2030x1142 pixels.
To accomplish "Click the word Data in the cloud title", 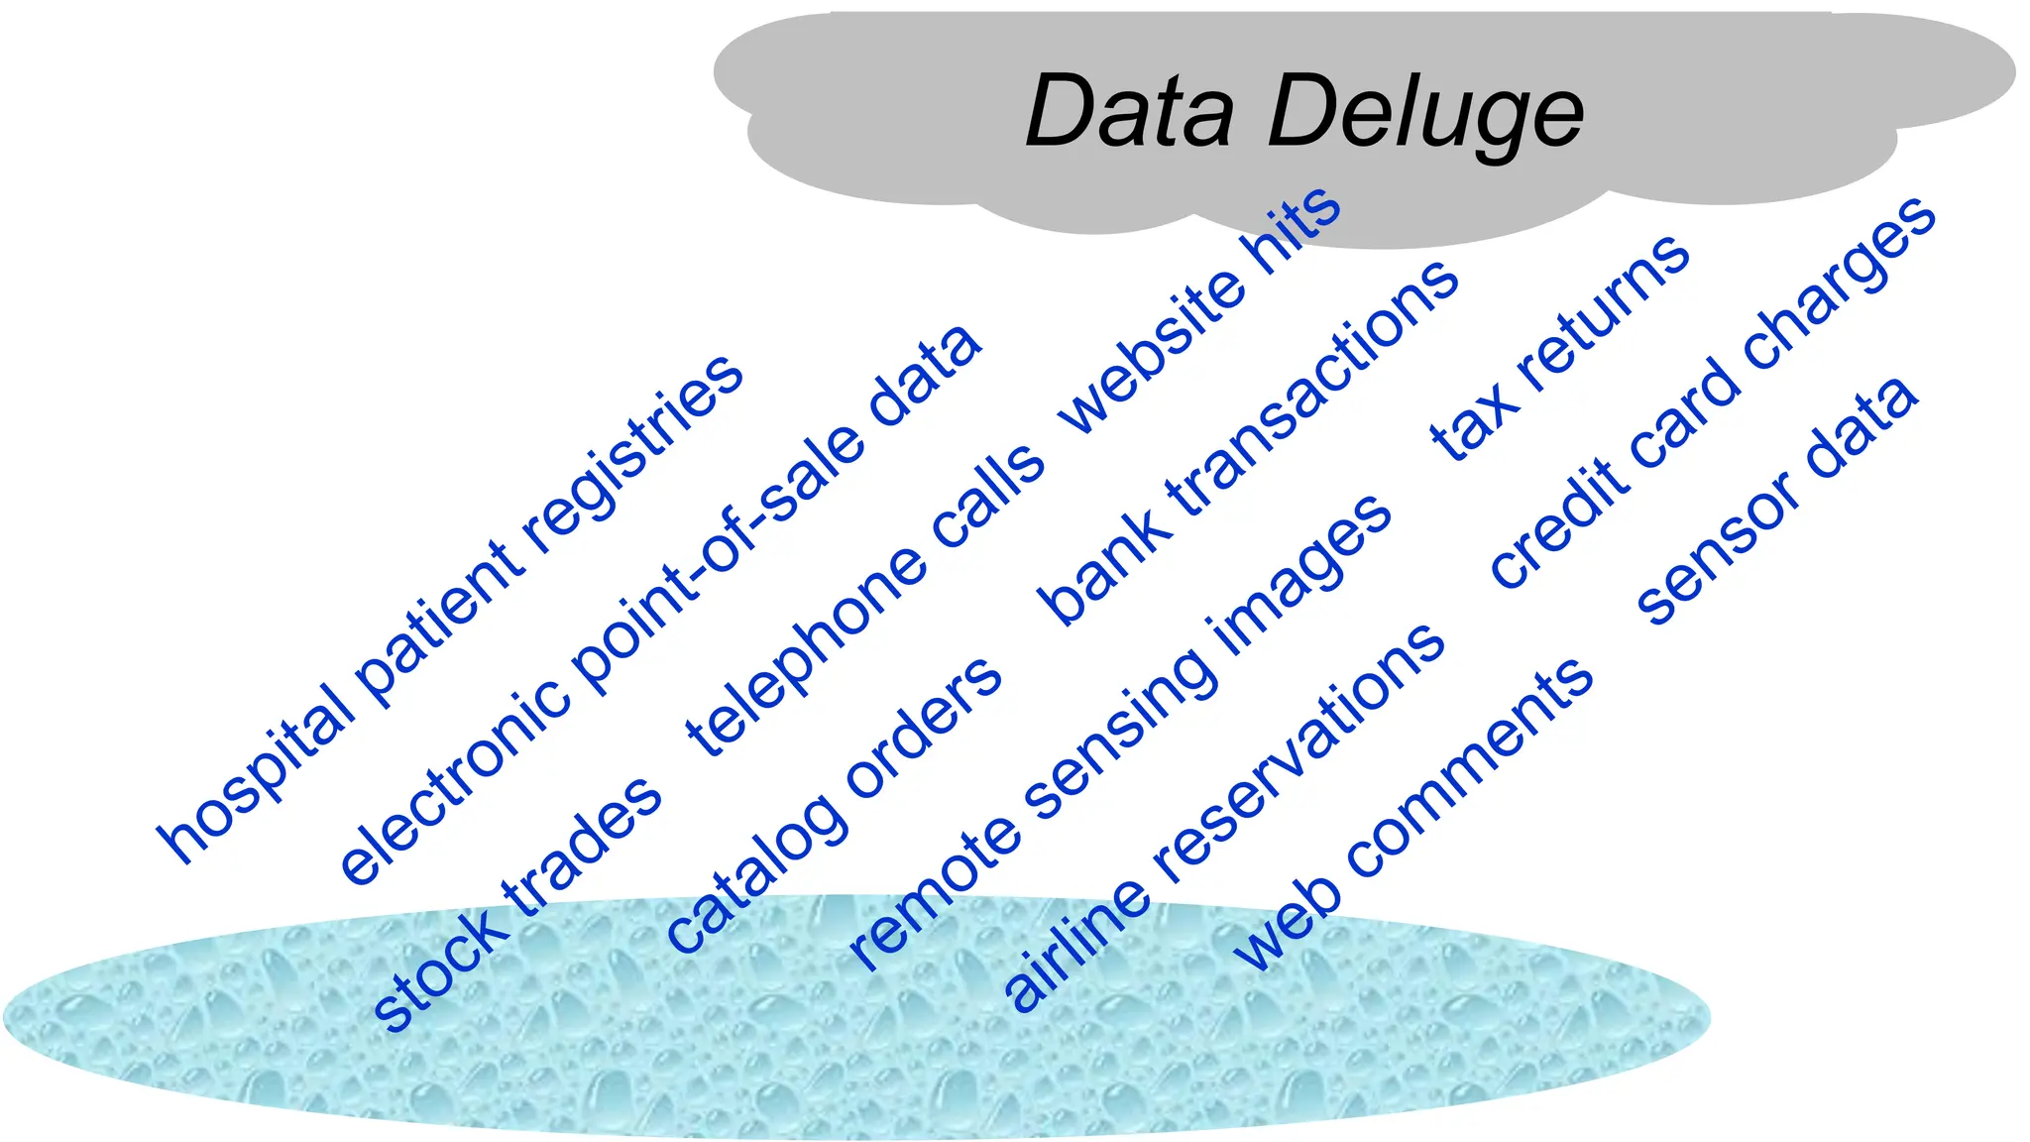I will pyautogui.click(x=1130, y=111).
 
